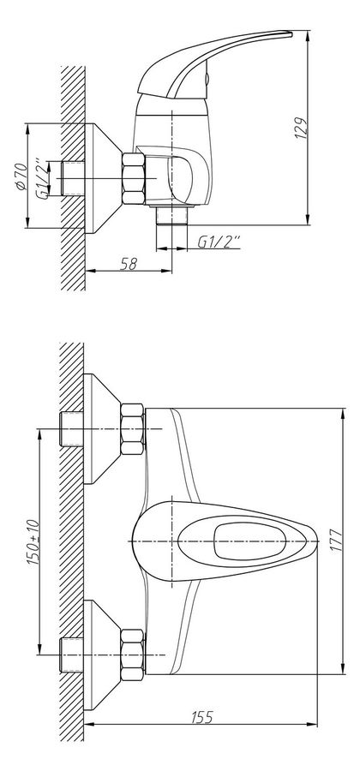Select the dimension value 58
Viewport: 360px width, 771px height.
(127, 265)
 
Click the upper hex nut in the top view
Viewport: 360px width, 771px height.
(132, 430)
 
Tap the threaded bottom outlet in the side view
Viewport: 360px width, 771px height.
(171, 214)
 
